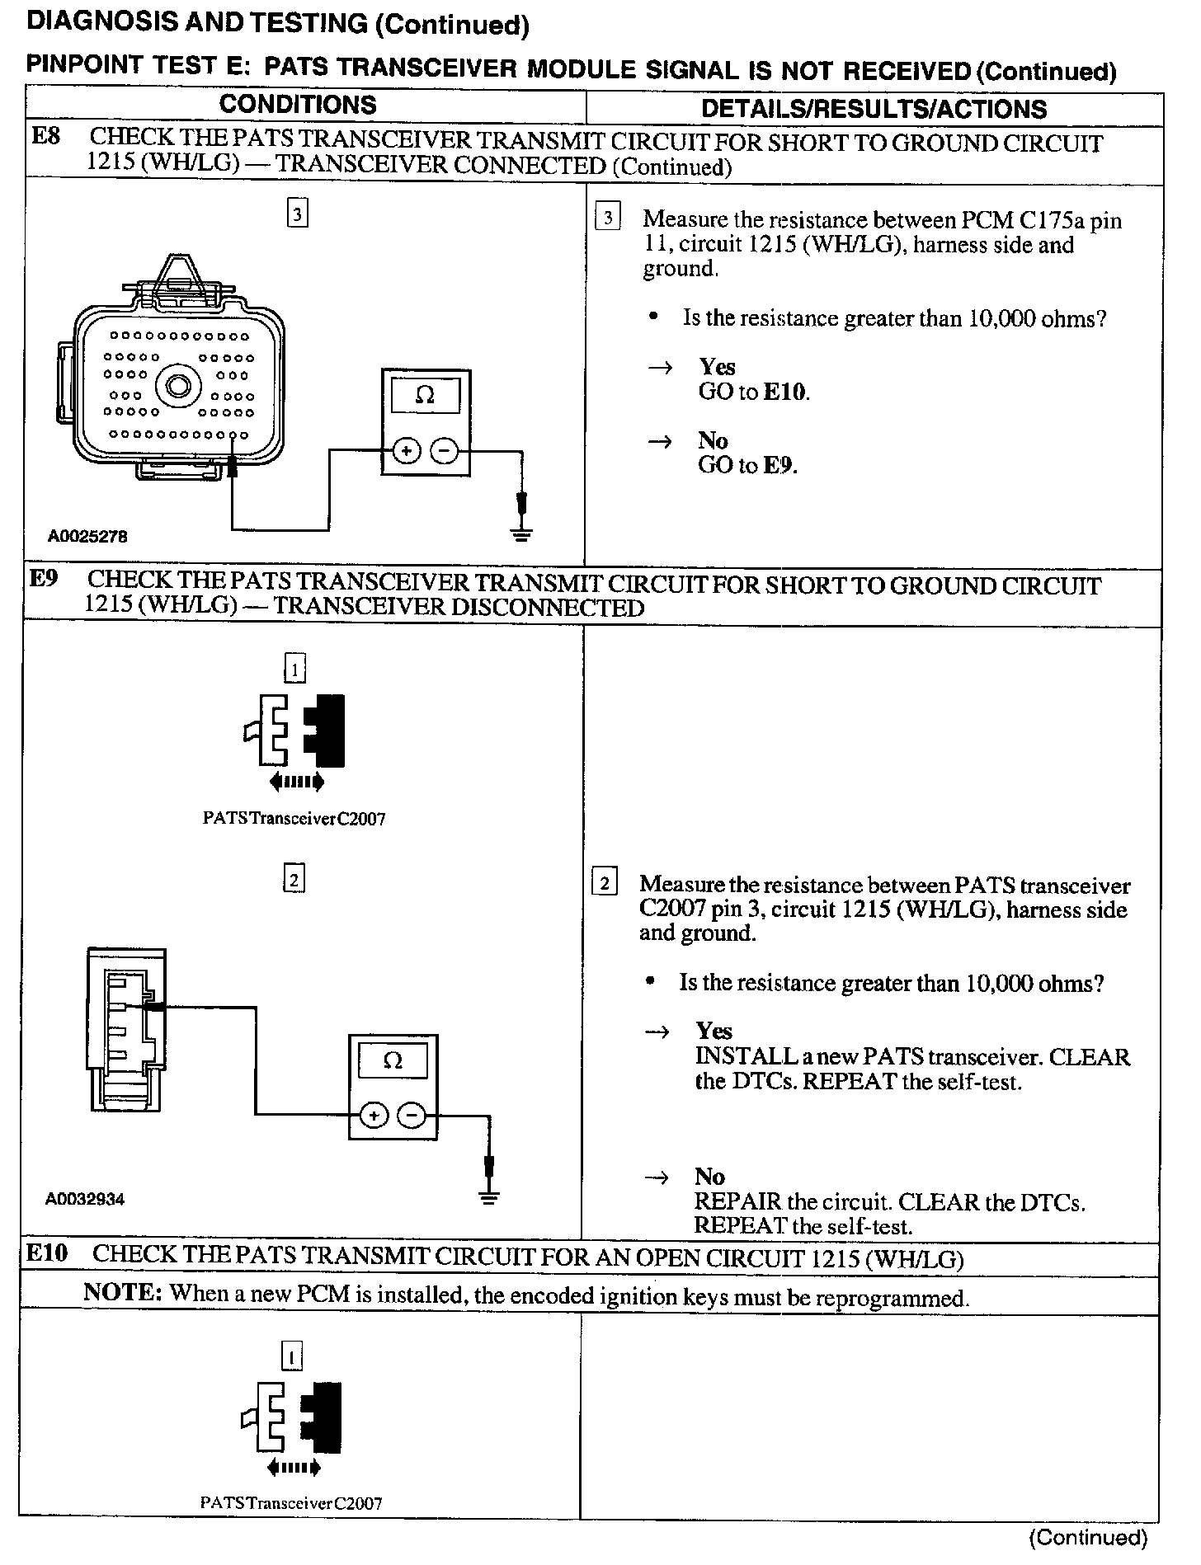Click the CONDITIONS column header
click(x=298, y=106)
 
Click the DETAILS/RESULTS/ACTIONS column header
click(x=874, y=109)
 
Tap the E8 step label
click(x=46, y=137)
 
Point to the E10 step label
click(x=46, y=1254)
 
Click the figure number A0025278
click(x=87, y=536)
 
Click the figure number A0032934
click(x=85, y=1199)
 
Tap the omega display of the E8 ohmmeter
click(x=425, y=395)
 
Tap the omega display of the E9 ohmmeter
click(x=393, y=1060)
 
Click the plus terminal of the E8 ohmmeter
click(x=406, y=451)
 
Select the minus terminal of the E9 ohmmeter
click(x=411, y=1116)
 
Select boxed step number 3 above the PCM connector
click(x=297, y=214)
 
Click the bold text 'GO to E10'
click(x=753, y=392)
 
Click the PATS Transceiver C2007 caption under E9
click(x=294, y=819)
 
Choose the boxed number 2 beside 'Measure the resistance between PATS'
click(x=605, y=883)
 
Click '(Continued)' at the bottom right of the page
click(x=1088, y=1536)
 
